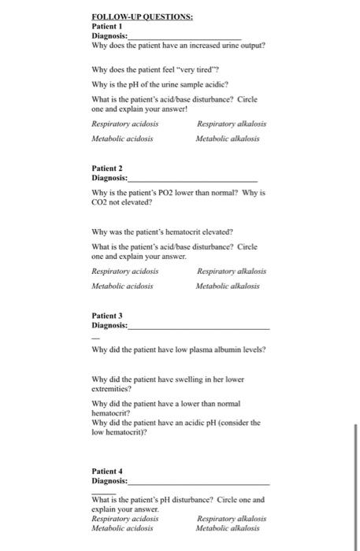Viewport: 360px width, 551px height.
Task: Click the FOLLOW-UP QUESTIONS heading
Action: click(x=132, y=16)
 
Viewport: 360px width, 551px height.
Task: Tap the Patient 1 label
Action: click(x=107, y=25)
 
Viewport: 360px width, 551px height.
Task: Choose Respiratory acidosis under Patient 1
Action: click(x=125, y=124)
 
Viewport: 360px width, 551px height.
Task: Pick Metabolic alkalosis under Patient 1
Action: click(x=228, y=139)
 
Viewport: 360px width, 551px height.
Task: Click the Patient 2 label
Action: click(x=108, y=168)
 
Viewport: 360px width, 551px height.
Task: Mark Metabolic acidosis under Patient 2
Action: click(x=123, y=286)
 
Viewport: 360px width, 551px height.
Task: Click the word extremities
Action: click(x=113, y=388)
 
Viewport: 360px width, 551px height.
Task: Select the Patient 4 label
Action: click(x=108, y=470)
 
